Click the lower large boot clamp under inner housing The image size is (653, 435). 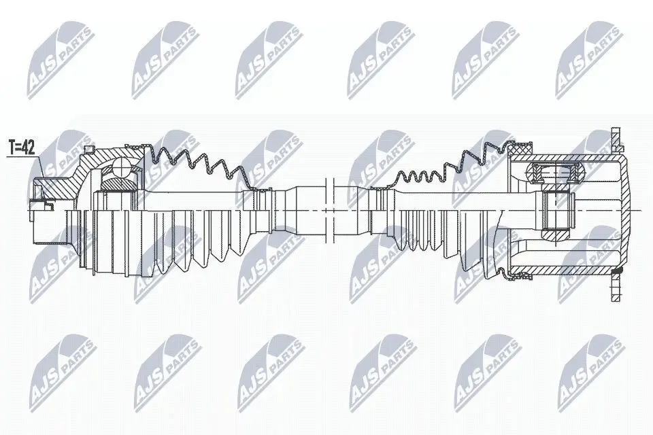520,275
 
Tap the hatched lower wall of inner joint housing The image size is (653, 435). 571,268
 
